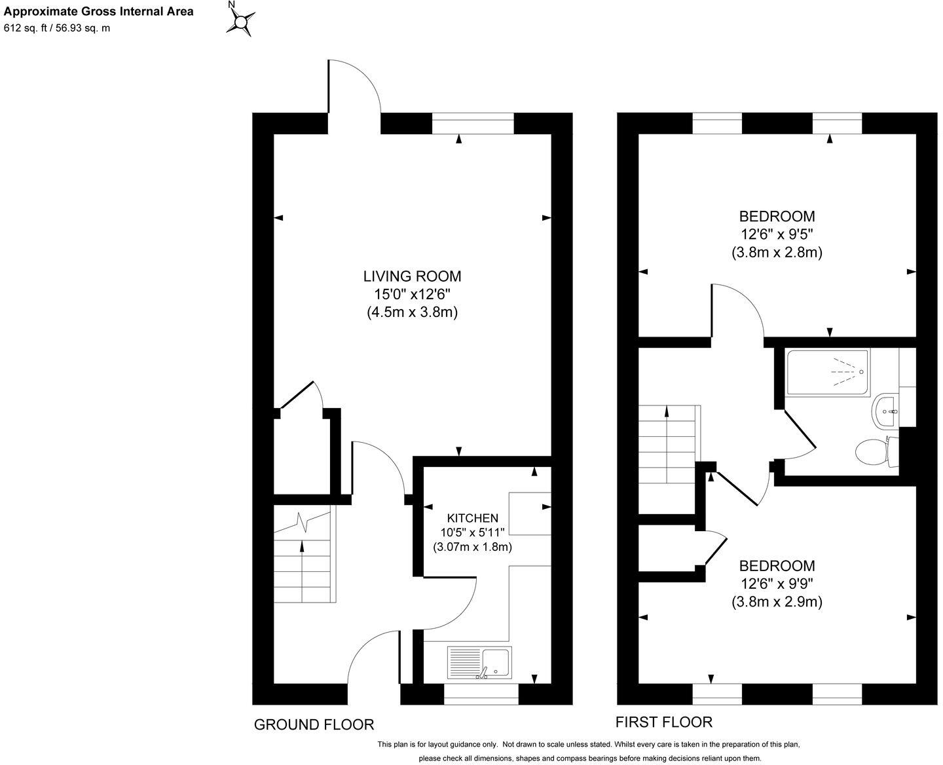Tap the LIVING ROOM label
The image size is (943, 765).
412,276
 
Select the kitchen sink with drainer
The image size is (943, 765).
479,662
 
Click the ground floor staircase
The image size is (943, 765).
304,556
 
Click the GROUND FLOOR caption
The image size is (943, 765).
314,724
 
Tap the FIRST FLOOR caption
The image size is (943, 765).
663,722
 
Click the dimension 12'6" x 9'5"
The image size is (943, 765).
777,234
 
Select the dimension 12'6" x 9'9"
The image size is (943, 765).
777,584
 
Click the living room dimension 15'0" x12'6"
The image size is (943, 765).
412,294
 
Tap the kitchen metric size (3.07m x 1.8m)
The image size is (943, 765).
472,546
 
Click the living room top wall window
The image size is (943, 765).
473,123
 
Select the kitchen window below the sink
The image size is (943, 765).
481,694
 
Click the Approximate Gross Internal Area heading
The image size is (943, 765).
99,11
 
